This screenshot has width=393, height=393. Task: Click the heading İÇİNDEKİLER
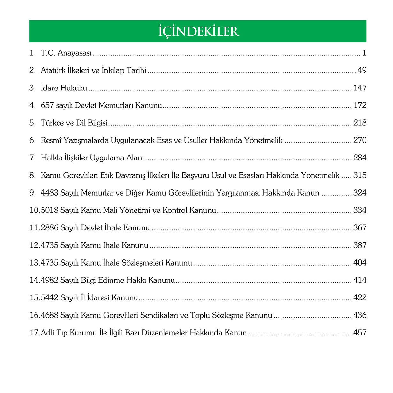[x=198, y=31]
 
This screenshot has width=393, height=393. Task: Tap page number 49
[x=362, y=70]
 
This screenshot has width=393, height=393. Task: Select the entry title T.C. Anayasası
[x=66, y=53]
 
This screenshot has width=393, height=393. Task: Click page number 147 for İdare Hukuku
[x=360, y=88]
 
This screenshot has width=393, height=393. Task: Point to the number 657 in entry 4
[x=47, y=105]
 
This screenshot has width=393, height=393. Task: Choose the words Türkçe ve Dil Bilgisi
[x=74, y=123]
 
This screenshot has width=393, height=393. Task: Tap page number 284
[x=360, y=158]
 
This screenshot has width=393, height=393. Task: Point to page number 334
[x=360, y=210]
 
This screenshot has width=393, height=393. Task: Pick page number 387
[x=360, y=245]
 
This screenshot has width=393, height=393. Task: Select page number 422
[x=360, y=298]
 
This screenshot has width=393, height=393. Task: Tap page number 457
[x=360, y=333]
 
